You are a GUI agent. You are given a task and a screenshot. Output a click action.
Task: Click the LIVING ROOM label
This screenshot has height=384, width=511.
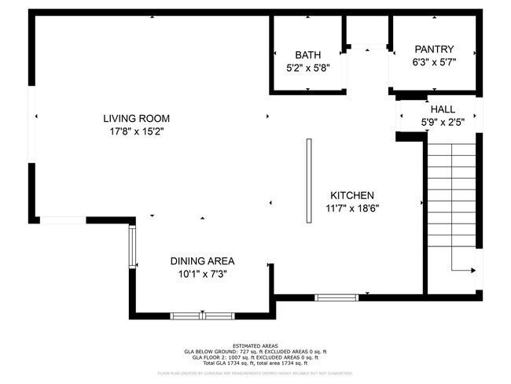pos(137,119)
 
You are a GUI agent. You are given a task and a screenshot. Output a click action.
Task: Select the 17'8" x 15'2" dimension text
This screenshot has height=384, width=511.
pos(137,131)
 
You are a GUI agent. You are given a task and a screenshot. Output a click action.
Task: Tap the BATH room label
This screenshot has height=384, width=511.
pos(307,54)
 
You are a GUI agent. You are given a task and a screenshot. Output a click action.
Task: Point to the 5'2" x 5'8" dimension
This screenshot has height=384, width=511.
pos(307,67)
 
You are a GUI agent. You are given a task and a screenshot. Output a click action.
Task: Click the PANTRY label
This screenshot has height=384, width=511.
pos(434,49)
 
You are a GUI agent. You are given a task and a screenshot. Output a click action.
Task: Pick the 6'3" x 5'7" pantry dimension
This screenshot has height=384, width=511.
pos(434,61)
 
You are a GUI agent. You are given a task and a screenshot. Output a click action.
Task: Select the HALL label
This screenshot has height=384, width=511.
pos(442,109)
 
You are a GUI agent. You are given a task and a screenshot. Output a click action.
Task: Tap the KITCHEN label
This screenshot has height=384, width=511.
pos(351,195)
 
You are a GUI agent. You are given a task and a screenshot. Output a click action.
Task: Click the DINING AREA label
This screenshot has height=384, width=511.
pos(202,260)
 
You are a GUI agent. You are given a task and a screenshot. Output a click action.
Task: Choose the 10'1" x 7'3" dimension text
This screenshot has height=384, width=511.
pos(202,274)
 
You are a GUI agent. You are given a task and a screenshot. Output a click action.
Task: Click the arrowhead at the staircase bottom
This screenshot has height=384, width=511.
pos(472,271)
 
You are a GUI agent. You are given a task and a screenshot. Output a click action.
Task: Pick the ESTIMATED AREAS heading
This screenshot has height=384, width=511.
pos(255,345)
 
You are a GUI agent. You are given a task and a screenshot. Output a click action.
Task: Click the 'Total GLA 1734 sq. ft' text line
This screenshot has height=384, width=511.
pos(255,363)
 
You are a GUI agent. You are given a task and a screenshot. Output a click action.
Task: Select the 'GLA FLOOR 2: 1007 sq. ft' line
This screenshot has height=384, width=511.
pos(255,356)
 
